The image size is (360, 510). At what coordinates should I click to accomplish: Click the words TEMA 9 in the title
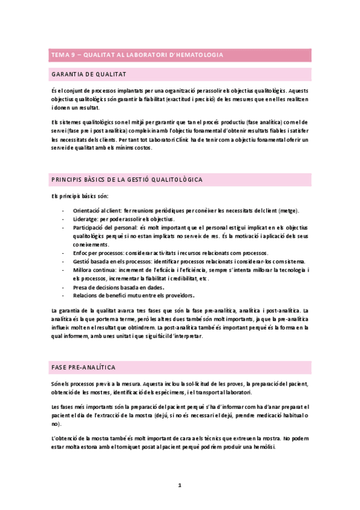click(61, 55)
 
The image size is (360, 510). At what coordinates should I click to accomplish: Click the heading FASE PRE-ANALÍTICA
click(84, 367)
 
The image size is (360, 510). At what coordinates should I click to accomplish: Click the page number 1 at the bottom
click(180, 485)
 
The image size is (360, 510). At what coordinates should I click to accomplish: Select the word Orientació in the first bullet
click(86, 210)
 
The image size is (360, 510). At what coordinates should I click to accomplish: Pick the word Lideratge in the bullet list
click(85, 219)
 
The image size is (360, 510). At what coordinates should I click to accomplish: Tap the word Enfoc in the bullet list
click(81, 253)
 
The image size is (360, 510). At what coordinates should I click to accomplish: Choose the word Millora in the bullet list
click(83, 270)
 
